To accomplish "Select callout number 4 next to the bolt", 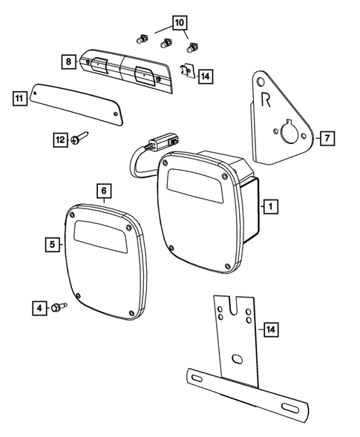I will point(36,306).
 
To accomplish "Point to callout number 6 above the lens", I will point(103,190).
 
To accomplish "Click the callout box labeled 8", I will point(68,62).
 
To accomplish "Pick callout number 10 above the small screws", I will point(179,23).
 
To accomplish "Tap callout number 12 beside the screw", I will point(60,139).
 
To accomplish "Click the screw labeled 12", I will point(80,138).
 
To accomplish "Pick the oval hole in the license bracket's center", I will point(236,359).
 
